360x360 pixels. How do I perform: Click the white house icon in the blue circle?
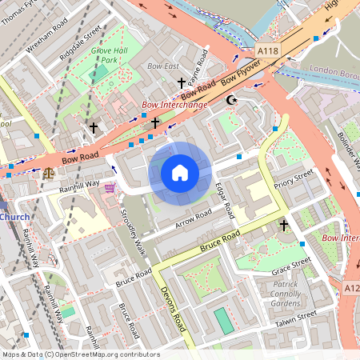pos(180,173)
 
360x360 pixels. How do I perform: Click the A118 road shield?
pos(269,50)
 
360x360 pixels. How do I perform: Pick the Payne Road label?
pos(203,65)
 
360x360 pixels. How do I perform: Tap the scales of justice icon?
pos(50,171)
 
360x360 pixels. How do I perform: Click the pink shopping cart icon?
pos(110,187)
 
